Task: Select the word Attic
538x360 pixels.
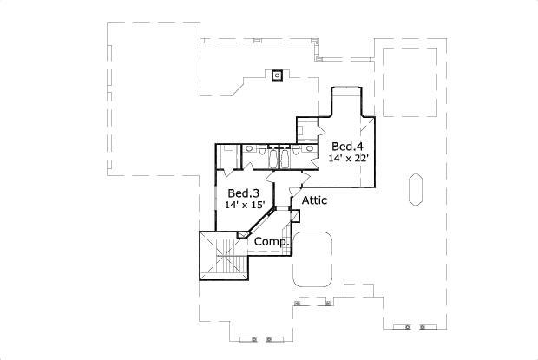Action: pos(314,200)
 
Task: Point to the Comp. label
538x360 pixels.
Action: pos(270,242)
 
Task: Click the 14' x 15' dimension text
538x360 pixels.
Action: pos(245,205)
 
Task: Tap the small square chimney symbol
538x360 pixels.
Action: pos(277,74)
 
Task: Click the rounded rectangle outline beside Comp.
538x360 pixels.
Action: pos(313,258)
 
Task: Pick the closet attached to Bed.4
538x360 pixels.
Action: pos(306,128)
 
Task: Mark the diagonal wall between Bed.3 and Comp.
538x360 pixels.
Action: pos(261,224)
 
